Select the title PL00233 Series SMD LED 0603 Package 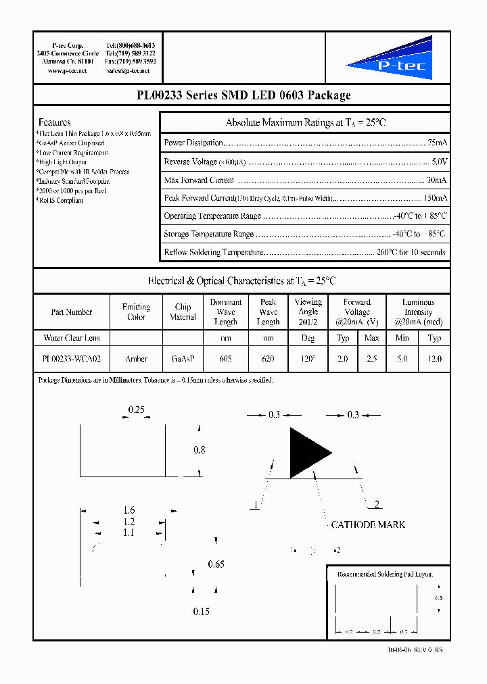243,95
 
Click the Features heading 55,122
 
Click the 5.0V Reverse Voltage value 439,162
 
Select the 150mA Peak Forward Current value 435,198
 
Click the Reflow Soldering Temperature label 212,252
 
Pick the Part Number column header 72,312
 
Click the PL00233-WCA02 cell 72,359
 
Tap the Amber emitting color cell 136,359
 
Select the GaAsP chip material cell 183,359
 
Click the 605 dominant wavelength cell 225,359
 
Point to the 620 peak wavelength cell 268,359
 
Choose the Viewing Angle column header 308,312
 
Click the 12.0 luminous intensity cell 434,359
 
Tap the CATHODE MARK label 367,524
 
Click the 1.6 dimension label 129,511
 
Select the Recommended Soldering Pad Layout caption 385,574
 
